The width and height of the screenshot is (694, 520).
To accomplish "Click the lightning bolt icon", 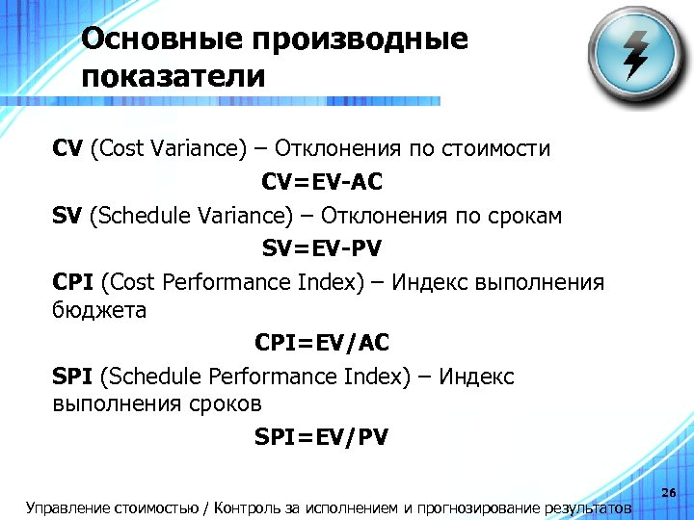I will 636,56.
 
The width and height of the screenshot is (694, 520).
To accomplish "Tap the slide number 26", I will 670,494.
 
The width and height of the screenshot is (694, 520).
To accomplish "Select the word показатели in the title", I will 173,76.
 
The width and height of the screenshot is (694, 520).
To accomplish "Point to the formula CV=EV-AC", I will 321,182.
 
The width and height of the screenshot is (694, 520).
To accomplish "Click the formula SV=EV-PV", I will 322,248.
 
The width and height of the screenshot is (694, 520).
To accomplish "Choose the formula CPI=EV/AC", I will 322,342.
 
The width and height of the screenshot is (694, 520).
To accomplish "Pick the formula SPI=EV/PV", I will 322,437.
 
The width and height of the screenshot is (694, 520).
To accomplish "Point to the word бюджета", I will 99,310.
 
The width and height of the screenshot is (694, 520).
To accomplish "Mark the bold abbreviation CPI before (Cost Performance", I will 73,282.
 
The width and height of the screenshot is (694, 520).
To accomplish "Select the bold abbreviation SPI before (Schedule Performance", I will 73,376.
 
